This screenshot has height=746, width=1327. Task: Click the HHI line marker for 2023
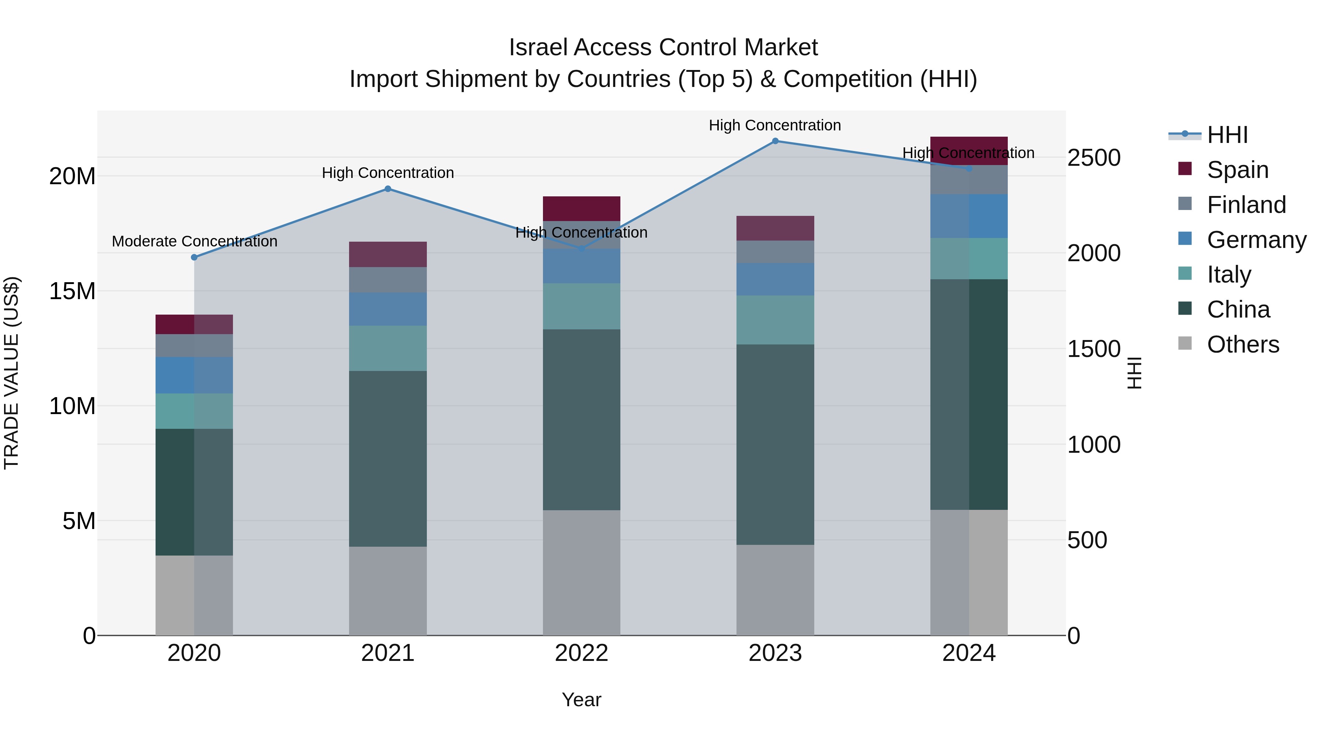pos(775,141)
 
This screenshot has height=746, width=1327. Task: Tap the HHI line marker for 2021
pos(388,189)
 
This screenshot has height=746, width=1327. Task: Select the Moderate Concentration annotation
pos(194,241)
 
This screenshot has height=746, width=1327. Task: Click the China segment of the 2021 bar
pos(388,458)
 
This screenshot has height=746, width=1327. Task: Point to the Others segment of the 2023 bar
pos(775,590)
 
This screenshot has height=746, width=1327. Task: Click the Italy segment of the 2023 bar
pos(775,320)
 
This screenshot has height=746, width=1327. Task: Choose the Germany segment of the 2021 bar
pos(388,309)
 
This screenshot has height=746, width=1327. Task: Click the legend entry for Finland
pos(1246,205)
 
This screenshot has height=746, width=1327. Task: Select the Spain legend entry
pos(1237,170)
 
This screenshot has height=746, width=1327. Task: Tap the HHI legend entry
pos(1227,135)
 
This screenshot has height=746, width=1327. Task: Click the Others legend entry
pos(1243,344)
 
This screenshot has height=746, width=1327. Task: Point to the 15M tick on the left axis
pos(72,291)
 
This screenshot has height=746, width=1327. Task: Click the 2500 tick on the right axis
pos(1093,158)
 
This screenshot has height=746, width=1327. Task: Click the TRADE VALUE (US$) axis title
pos(11,373)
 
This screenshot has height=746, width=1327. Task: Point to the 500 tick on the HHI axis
pos(1087,540)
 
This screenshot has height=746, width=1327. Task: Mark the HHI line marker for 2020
pos(194,258)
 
